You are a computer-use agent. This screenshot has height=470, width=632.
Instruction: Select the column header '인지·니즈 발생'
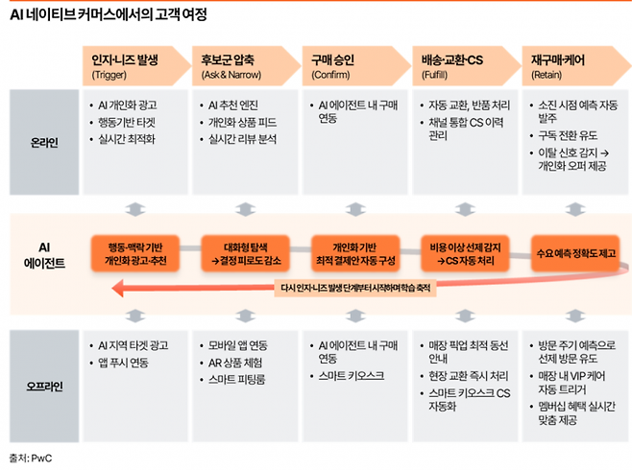coord(125,59)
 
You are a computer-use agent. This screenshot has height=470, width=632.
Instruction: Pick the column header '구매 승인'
coord(333,59)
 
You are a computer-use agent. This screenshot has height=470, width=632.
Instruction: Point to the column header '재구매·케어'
coord(562,59)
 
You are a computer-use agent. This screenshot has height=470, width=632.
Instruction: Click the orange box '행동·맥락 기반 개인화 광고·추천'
coord(135,253)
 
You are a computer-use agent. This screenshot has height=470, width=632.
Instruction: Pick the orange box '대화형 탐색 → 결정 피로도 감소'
coord(245,253)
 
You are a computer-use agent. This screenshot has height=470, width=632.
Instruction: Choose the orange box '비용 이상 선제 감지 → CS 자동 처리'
coord(466,253)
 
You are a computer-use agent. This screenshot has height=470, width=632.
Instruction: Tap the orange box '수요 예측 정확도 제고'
coord(574,253)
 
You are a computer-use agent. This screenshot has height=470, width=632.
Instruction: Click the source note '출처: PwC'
coord(30,458)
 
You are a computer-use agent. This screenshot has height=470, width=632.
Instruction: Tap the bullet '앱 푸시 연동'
coord(123,362)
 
